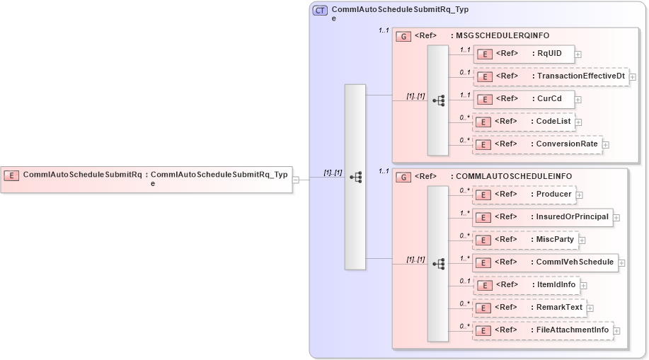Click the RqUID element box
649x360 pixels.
(x=523, y=53)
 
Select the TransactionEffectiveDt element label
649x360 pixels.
(x=581, y=76)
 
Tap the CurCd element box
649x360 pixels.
(x=523, y=99)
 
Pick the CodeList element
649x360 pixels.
(x=523, y=122)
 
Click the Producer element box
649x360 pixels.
(x=523, y=194)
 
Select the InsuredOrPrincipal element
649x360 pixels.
(x=541, y=217)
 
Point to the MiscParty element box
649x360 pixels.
(x=524, y=240)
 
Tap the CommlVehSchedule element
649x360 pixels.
(x=545, y=262)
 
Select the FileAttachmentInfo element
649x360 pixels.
(x=542, y=330)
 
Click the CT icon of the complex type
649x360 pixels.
(x=320, y=11)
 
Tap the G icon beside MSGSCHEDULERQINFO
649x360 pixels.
(x=403, y=35)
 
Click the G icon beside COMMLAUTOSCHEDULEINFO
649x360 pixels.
(x=403, y=176)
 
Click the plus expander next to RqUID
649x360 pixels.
(x=578, y=54)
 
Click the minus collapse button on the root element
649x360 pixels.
(x=296, y=180)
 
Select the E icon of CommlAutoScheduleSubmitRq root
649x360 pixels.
(x=11, y=175)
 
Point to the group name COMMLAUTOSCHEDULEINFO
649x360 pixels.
(x=514, y=176)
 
